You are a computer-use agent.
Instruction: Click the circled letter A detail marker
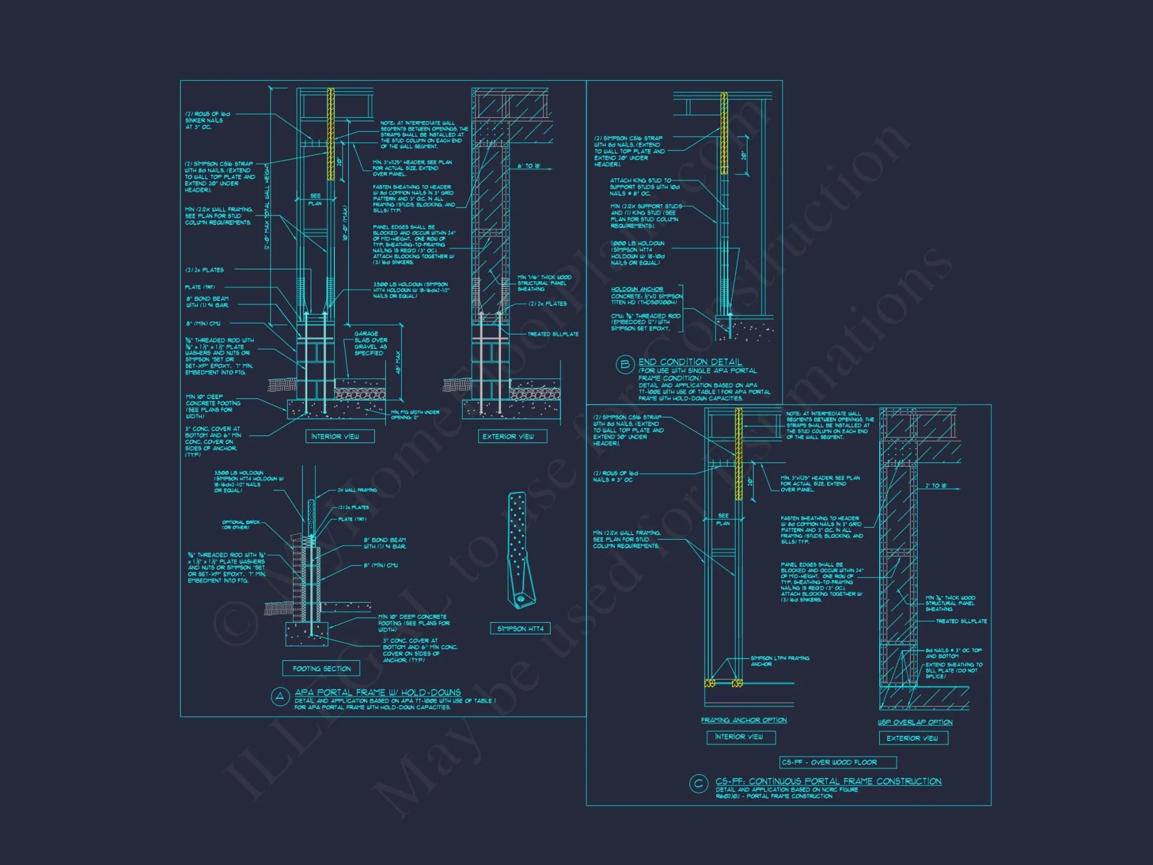(280, 697)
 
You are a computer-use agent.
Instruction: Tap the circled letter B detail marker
(624, 364)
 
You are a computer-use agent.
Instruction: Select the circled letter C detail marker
(698, 784)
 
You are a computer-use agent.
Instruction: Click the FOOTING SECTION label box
(321, 668)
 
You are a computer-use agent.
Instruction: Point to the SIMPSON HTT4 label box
(520, 629)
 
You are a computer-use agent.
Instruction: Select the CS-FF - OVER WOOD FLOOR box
(837, 762)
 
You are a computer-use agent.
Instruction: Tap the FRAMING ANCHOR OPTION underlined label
(744, 720)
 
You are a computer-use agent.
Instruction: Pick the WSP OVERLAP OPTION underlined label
(914, 722)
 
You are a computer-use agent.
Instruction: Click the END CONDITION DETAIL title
(690, 362)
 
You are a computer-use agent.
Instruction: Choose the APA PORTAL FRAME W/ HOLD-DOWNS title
(378, 692)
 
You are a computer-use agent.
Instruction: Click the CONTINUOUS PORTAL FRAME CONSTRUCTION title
(828, 781)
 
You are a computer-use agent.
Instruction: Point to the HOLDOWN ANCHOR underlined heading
(636, 289)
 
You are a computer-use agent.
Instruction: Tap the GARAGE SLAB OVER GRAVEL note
(370, 343)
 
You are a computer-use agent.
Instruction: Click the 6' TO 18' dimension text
(529, 166)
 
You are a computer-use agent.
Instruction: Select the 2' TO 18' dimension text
(936, 486)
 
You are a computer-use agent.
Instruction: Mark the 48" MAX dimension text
(398, 362)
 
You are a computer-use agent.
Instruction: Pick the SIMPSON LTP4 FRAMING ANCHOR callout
(779, 661)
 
